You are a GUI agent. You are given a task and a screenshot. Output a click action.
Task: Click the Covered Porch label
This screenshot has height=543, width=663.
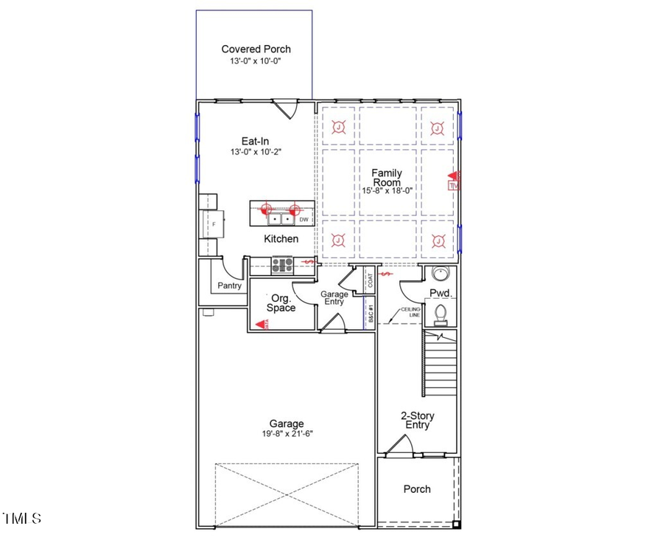coord(256,49)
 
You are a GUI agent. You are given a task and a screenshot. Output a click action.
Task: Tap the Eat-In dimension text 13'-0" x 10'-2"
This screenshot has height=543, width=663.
coord(256,151)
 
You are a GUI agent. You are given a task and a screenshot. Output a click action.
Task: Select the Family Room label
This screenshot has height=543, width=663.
coord(386,177)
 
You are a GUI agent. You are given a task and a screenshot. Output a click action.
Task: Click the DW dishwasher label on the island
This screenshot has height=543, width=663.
coord(303,219)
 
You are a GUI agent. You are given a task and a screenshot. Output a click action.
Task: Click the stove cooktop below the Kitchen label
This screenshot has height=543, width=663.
coord(282,265)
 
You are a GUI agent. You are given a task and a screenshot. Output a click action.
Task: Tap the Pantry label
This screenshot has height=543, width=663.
coord(229,286)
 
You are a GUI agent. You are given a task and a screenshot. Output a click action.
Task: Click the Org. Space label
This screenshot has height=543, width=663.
coord(281,302)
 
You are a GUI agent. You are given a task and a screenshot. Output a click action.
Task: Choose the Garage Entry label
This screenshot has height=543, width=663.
coord(334,298)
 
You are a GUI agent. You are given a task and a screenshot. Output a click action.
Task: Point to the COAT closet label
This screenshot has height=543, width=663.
coord(370,280)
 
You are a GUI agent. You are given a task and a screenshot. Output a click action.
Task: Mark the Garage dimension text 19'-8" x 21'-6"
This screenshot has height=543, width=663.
coord(286,435)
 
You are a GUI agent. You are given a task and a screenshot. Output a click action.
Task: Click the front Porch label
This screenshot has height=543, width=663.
coord(417,489)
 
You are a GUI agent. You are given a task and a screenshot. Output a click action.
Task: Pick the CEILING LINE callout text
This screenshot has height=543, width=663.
coord(410,312)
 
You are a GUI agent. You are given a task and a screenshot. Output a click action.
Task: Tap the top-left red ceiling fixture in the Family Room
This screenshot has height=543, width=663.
coord(337,128)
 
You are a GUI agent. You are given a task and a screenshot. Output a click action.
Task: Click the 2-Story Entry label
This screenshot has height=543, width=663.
coord(415,420)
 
